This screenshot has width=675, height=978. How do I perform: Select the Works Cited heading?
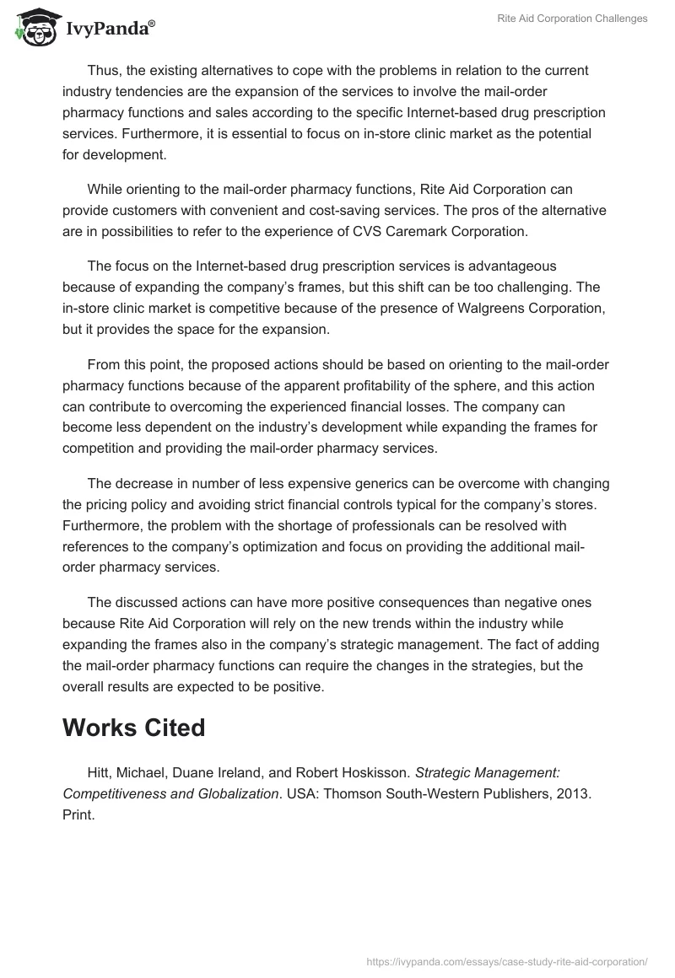pos(133,727)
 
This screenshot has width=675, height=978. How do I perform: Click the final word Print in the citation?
pos(78,816)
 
